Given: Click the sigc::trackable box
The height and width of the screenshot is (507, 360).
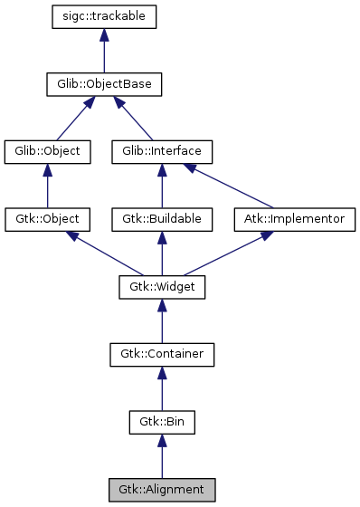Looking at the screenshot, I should point(105,16).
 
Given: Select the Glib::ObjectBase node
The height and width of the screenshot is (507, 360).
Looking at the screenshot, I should point(105,84).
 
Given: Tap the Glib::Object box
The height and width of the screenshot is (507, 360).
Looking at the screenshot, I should point(48,151).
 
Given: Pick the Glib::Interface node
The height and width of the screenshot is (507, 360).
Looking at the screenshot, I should point(162,151).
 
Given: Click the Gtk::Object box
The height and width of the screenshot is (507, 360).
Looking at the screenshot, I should point(48,219).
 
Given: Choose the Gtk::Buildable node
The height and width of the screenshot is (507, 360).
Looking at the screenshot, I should point(162,219).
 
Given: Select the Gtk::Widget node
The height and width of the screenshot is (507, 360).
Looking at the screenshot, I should point(162,287).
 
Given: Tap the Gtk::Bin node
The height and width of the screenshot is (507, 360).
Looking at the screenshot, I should point(162,422).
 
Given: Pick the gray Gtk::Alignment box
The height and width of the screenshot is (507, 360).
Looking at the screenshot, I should point(162,490).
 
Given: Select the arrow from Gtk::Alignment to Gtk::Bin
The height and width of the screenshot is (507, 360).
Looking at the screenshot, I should point(162,458).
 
